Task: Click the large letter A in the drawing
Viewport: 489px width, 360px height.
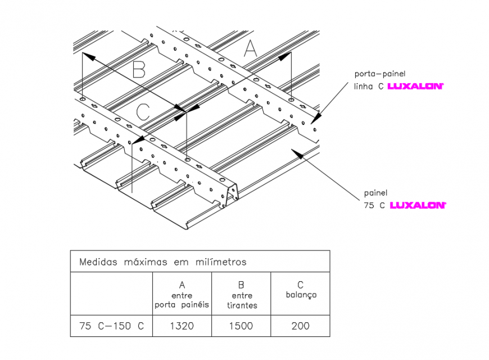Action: [x=250, y=49]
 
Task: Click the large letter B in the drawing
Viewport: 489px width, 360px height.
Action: [x=139, y=70]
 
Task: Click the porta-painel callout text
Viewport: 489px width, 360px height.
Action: [x=379, y=74]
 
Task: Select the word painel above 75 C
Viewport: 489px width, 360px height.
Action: [x=375, y=193]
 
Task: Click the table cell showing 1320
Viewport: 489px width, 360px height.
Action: [x=182, y=326]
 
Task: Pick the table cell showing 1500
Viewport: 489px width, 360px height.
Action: [x=241, y=326]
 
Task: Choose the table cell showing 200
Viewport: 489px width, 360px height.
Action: [x=300, y=326]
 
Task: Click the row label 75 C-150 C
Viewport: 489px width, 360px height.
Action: [x=111, y=326]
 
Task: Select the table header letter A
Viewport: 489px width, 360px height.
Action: [x=182, y=285]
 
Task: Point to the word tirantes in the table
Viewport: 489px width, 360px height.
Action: [x=242, y=305]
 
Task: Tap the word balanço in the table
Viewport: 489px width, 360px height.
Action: [x=301, y=295]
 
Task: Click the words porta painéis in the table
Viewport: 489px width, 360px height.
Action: [x=182, y=305]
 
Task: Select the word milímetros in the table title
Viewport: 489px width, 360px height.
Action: [x=220, y=262]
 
